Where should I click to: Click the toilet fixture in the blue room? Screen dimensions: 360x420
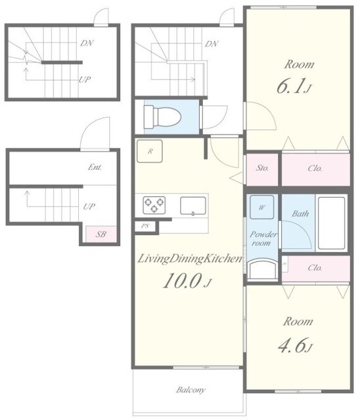pos(162,117)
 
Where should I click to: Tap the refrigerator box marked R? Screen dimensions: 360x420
pos(150,151)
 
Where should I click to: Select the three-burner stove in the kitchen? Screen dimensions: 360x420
pos(154,205)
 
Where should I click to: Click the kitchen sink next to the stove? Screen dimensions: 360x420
pos(193,205)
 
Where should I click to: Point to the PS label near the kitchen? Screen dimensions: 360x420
pos(145,226)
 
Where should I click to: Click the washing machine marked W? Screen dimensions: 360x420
pos(262,207)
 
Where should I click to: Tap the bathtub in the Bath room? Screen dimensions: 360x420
pos(331,223)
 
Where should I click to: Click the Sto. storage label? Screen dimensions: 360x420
pos(262,168)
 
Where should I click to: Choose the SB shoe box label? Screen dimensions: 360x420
pos(101,234)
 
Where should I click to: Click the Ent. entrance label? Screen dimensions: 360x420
pos(95,167)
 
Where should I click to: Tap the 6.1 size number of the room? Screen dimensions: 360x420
pos(294,86)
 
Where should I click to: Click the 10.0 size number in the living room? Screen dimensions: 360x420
pos(187,280)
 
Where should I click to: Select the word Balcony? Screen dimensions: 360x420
pos(191,390)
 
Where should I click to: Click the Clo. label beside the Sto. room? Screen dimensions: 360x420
pos(315,169)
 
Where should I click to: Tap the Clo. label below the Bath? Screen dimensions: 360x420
pos(315,268)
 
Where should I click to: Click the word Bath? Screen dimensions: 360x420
pos(300,213)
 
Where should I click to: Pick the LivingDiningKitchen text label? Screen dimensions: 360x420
pos(190,259)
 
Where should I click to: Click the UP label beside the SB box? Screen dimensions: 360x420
pos(89,207)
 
